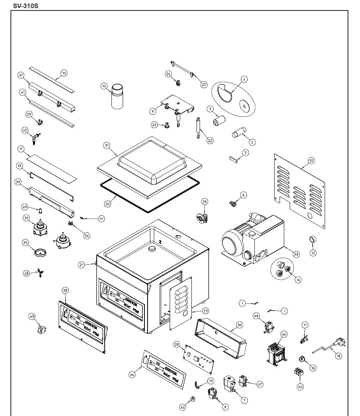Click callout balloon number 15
pos(104,86)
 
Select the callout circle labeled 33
pos(296,254)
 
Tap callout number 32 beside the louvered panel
pos(311,160)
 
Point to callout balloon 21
pos(82,265)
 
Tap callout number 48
pos(26,274)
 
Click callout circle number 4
pos(244,80)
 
